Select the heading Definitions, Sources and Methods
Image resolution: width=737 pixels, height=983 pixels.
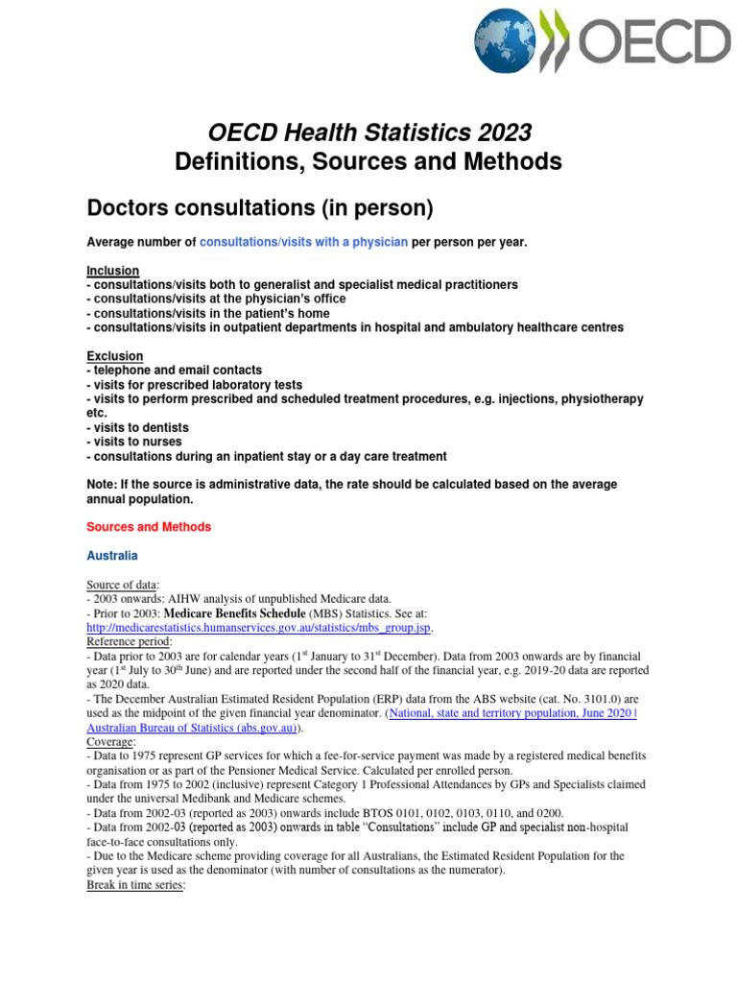[368, 162]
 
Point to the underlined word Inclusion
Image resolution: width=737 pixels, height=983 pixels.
[112, 271]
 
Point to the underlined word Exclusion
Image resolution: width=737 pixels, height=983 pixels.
[114, 356]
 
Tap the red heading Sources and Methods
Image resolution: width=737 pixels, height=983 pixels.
[149, 527]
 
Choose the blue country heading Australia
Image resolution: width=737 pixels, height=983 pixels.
[112, 556]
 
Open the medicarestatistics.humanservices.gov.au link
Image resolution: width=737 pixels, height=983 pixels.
[258, 628]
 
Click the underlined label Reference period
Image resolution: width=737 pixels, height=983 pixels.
[130, 641]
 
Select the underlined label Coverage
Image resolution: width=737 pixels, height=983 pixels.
[110, 742]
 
